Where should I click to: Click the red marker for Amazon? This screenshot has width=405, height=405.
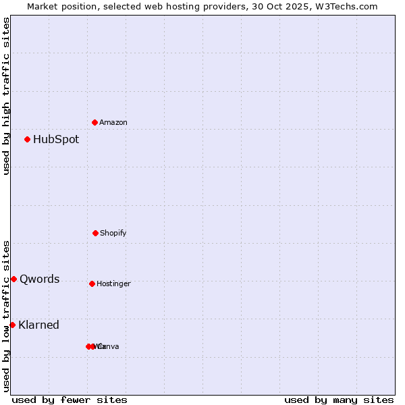95,122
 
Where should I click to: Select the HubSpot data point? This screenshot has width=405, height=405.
28,139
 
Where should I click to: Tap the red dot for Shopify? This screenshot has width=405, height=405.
95,233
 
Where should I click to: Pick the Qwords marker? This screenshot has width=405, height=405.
14,279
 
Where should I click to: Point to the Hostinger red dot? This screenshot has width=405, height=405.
92,283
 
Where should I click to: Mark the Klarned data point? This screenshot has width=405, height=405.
13,325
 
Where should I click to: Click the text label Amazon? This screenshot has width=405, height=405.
113,122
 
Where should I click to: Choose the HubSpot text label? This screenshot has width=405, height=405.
56,139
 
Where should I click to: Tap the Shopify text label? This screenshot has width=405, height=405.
113,233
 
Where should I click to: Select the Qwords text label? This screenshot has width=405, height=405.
40,279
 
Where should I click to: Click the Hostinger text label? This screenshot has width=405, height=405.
113,283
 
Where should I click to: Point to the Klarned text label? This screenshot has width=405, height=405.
39,325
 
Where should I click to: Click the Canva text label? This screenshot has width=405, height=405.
109,346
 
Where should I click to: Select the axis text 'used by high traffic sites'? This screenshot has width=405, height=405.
7,96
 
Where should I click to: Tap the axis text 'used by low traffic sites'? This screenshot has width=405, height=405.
7,315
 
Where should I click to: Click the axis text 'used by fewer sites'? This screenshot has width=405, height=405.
70,400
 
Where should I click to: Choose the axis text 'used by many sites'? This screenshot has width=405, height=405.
339,400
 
